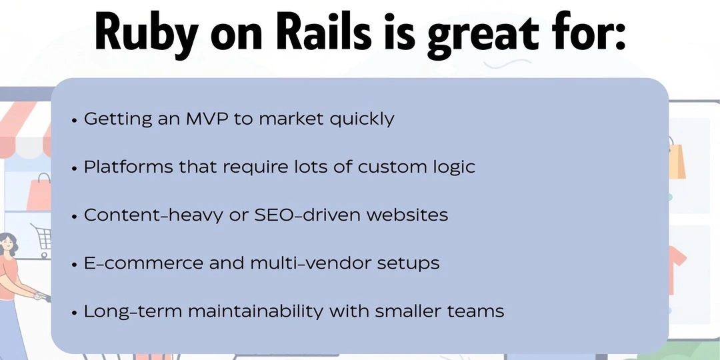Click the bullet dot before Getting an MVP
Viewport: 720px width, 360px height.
(74, 121)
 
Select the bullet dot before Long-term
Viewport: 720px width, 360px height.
(74, 312)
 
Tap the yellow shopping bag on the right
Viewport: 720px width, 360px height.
(676, 160)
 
